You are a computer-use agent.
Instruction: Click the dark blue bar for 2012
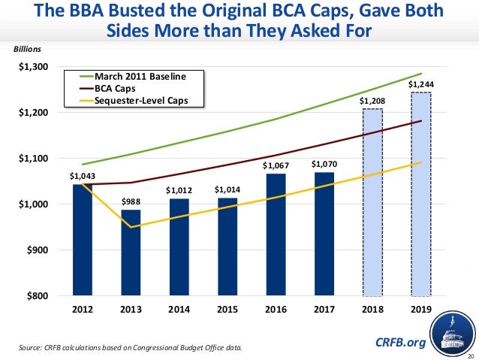pyautogui.click(x=83, y=240)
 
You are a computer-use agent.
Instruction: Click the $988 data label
pyautogui.click(x=131, y=202)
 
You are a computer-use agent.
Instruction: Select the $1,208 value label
pyautogui.click(x=371, y=101)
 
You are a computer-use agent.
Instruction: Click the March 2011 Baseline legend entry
pyautogui.click(x=138, y=77)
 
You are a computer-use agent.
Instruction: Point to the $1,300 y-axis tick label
pyautogui.click(x=34, y=67)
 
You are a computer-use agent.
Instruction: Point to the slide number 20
pyautogui.click(x=471, y=355)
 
